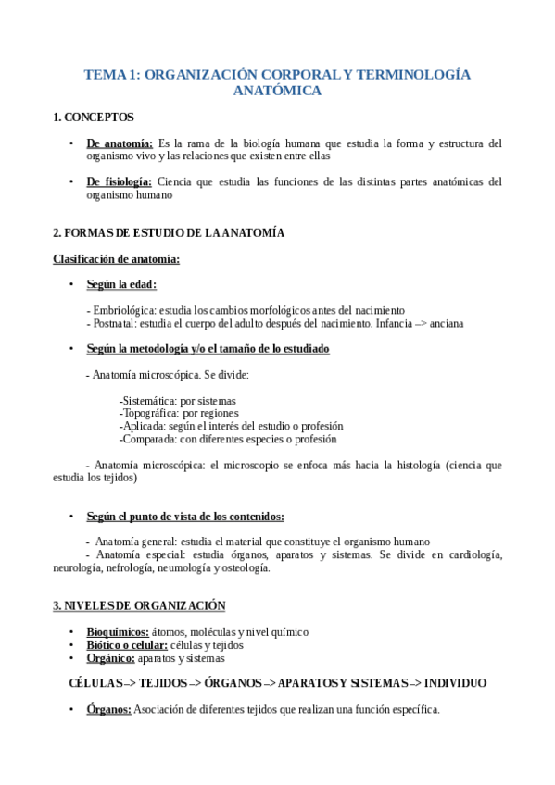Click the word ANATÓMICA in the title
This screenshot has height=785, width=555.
coord(277,91)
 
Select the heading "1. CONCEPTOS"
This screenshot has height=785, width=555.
coord(94,118)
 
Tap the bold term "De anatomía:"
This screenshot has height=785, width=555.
coord(120,143)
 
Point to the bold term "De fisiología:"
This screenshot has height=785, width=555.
coord(120,181)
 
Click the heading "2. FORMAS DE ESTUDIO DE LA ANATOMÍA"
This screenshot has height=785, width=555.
coord(169,233)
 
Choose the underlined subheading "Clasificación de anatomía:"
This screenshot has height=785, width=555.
coord(116,258)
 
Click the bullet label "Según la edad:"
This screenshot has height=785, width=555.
coord(121,284)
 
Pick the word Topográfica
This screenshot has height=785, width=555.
coord(150,413)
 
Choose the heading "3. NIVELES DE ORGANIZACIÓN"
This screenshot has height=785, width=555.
coord(139,605)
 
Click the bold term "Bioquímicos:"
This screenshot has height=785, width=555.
coord(118,631)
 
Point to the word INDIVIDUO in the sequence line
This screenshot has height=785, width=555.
coord(454,683)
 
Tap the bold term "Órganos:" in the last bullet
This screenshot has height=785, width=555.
coord(109,710)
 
